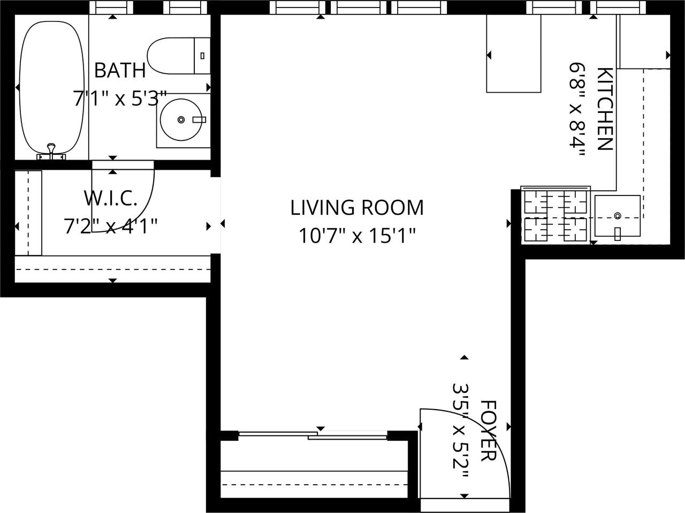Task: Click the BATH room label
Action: pos(120,71)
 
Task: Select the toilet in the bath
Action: pos(179,56)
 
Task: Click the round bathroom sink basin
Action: pos(181,119)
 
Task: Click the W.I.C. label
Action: pos(110,199)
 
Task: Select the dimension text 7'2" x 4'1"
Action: pos(110,227)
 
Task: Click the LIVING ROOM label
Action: pos(357,208)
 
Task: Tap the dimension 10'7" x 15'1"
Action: pos(357,236)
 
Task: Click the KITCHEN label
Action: pos(605,109)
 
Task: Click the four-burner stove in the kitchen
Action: pos(555,215)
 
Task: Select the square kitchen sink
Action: pos(617,216)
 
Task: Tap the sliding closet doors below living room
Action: pos(313,435)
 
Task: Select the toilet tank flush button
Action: pos(202,56)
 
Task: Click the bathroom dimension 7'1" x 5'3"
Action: pos(120,98)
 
